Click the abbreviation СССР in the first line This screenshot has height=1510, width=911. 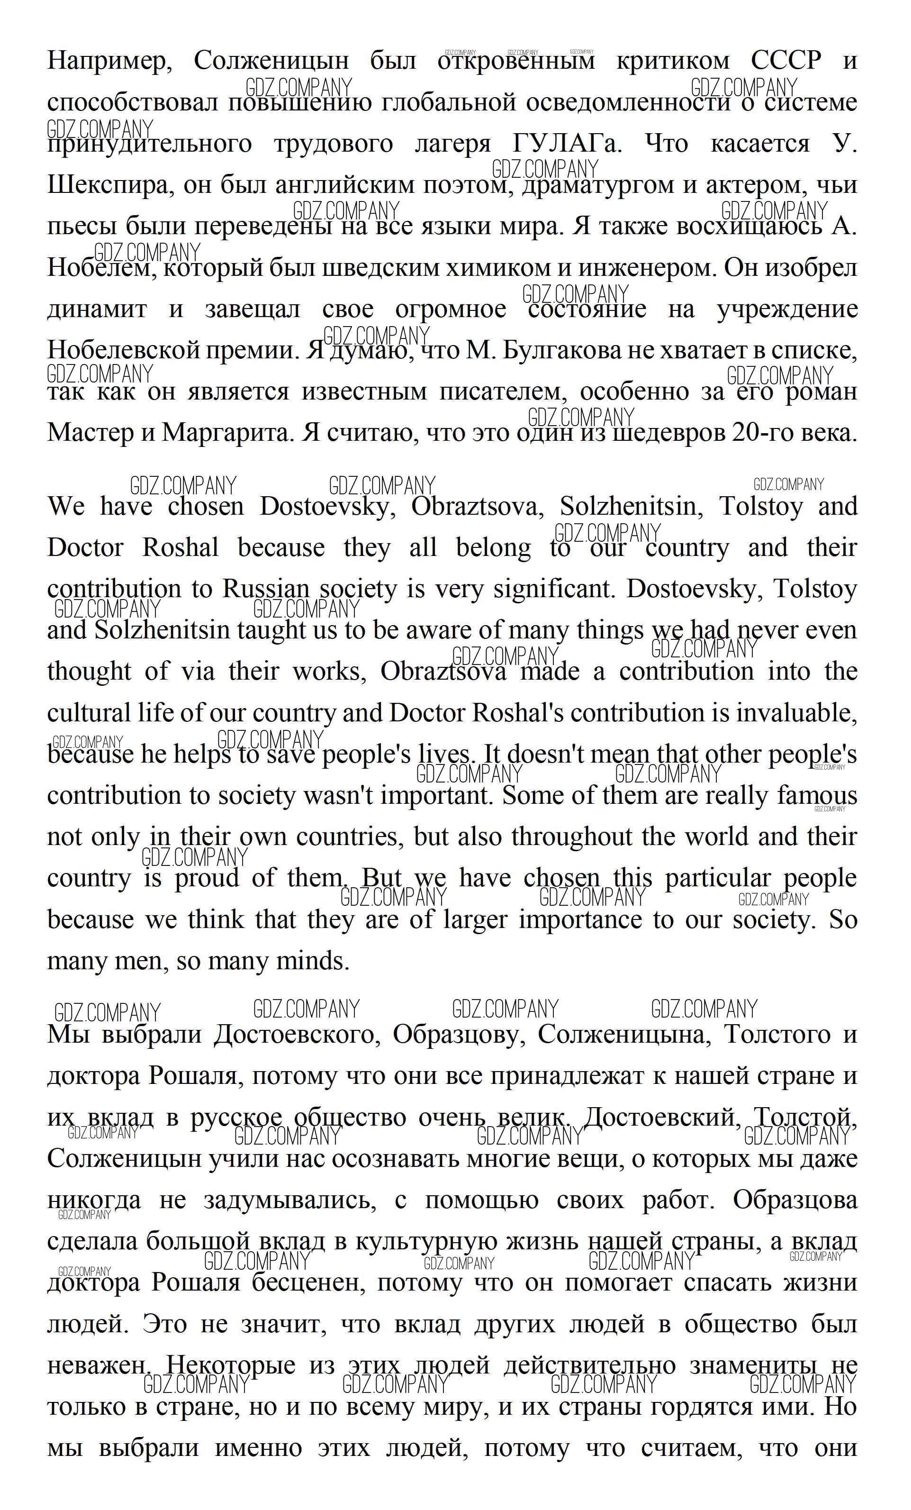pyautogui.click(x=786, y=61)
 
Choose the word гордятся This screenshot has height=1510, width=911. pyautogui.click(x=702, y=1406)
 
